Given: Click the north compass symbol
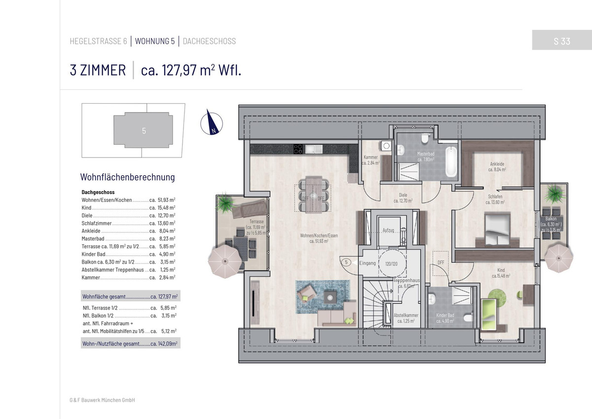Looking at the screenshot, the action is [212, 123].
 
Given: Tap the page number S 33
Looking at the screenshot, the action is [562, 41].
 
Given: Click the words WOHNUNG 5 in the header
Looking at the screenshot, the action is [155, 41].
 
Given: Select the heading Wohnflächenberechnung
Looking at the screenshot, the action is [127, 177].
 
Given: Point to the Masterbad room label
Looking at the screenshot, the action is [425, 156].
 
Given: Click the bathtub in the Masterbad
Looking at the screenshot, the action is [451, 161].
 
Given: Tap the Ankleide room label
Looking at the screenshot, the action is [497, 167].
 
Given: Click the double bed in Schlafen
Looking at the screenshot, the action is [497, 229].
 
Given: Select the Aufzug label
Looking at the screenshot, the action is [388, 230].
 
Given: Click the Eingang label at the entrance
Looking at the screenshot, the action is [368, 263].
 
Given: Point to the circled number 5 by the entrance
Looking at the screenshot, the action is [346, 263].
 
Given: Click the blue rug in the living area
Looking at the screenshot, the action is [323, 297].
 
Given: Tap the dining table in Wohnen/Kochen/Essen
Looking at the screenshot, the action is [314, 194].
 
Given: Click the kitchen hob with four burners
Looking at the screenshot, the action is [298, 149].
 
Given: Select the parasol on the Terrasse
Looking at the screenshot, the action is [225, 261].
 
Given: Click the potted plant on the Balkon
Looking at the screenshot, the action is [555, 194].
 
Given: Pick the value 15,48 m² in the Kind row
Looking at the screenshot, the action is [167, 208].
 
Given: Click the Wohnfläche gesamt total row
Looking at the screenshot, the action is [131, 296].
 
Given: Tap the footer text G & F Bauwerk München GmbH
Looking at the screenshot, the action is [102, 400].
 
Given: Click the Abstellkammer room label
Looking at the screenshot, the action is [406, 318].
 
